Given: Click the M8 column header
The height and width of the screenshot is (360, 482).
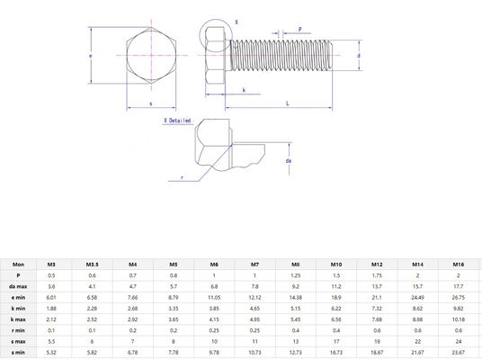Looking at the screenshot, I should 296,265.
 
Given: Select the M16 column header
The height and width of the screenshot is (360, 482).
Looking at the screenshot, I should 460,265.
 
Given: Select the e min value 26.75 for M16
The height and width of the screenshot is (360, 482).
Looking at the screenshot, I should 460,296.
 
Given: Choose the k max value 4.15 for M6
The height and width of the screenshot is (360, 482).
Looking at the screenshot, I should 214,318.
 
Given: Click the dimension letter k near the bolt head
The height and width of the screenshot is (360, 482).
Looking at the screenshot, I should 245,89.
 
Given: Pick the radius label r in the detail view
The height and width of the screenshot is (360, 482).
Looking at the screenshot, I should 183,177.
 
